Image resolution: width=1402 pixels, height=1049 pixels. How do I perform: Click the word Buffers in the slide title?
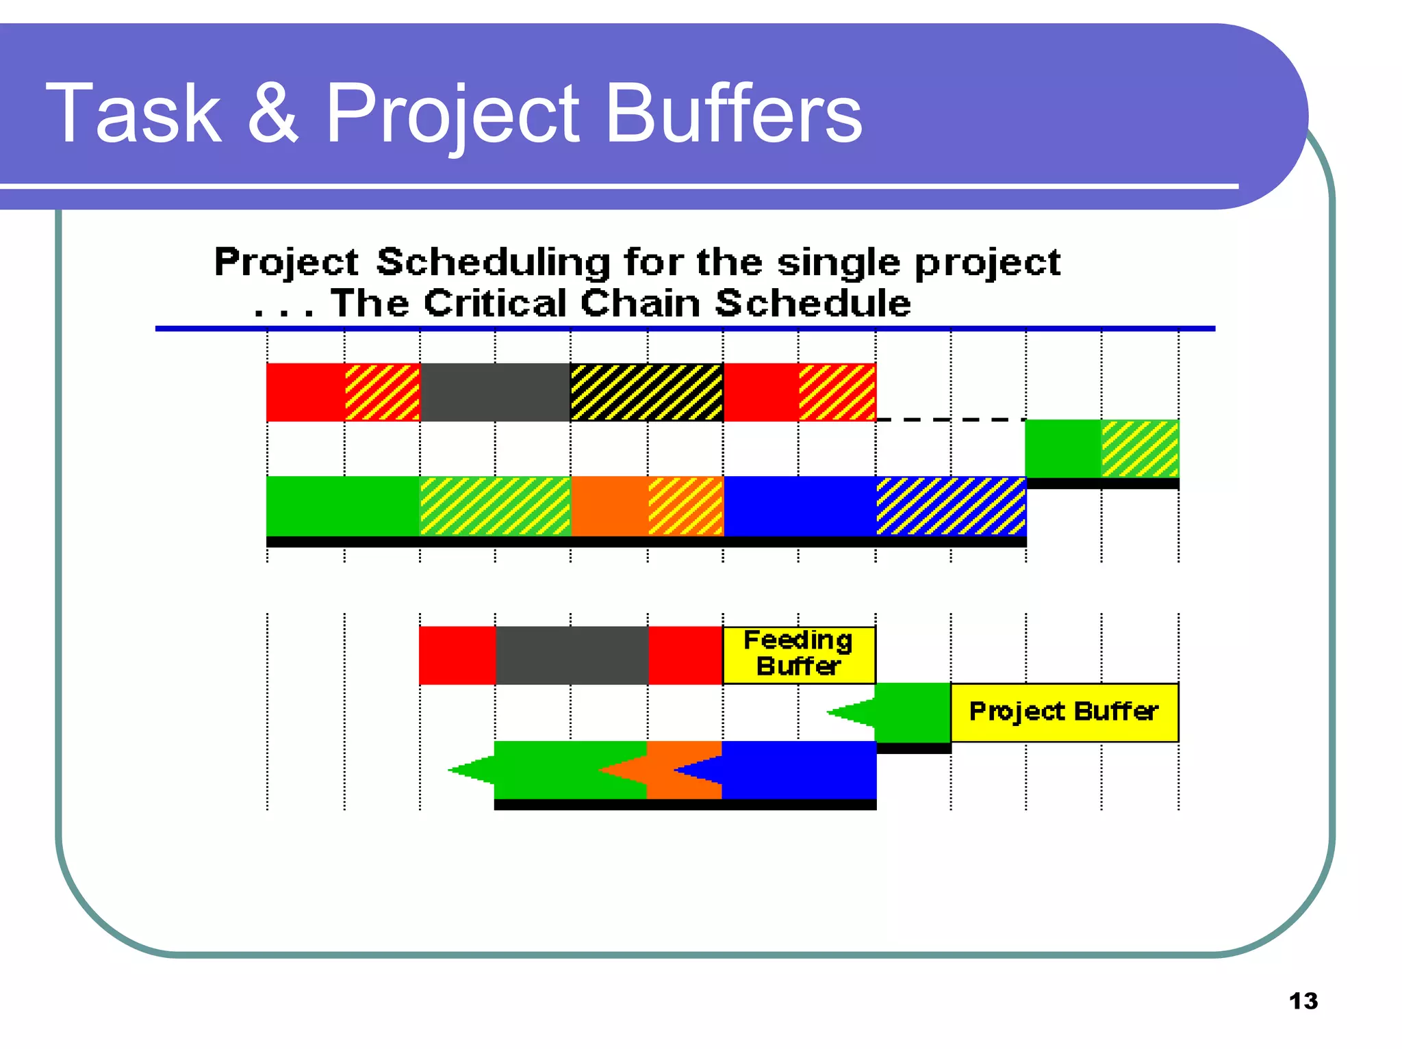pyautogui.click(x=733, y=114)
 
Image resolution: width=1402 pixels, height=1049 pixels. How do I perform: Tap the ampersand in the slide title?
pyautogui.click(x=272, y=114)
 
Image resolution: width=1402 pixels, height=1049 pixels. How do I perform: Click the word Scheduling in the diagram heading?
pyautogui.click(x=493, y=262)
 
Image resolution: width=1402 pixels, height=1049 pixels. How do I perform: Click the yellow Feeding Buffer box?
pyautogui.click(x=799, y=655)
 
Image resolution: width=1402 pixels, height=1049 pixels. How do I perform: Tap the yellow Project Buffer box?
pyautogui.click(x=1064, y=712)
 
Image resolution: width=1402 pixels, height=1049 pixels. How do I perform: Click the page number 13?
pyautogui.click(x=1303, y=1001)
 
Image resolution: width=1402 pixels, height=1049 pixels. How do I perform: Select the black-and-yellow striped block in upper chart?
pyautogui.click(x=646, y=392)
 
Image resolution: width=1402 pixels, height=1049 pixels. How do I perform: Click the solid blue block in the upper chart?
pyautogui.click(x=800, y=506)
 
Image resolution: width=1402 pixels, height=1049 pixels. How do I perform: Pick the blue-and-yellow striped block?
pyautogui.click(x=951, y=506)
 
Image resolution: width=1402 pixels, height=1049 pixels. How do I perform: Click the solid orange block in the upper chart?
pyautogui.click(x=609, y=506)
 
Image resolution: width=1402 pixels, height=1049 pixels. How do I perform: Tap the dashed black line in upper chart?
pyautogui.click(x=950, y=419)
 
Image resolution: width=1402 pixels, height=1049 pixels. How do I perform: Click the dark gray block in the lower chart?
pyautogui.click(x=572, y=655)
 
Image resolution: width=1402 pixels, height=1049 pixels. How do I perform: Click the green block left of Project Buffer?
pyautogui.click(x=913, y=712)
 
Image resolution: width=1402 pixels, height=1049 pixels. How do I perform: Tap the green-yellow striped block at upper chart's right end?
pyautogui.click(x=1140, y=449)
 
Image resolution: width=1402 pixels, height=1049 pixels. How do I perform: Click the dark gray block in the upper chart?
pyautogui.click(x=495, y=392)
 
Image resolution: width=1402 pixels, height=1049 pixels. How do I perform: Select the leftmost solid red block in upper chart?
pyautogui.click(x=305, y=392)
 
